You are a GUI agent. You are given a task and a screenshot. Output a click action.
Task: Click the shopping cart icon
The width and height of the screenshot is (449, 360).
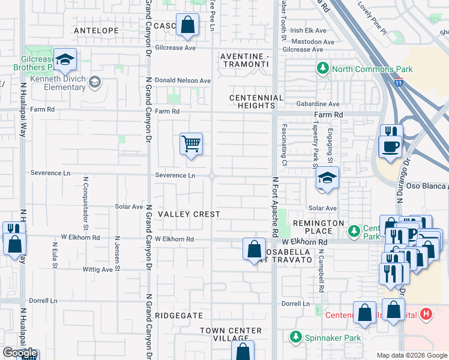pos(191,143)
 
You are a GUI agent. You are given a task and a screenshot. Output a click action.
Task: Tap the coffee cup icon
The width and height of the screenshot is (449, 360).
pos(390,146)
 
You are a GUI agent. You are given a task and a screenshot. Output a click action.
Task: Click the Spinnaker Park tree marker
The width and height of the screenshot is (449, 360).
pos(295,338)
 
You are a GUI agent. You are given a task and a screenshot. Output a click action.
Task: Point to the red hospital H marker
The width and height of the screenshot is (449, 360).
pos(426,314)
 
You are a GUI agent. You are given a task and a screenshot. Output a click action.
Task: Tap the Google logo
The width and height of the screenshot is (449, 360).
pos(20,352)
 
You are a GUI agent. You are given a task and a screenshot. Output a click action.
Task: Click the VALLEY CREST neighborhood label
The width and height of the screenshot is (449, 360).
pos(188,214)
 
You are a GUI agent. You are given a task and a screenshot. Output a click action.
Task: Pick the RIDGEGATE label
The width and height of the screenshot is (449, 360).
pos(179,314)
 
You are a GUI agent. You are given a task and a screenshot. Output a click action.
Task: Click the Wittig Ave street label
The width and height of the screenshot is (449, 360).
pos(98,269)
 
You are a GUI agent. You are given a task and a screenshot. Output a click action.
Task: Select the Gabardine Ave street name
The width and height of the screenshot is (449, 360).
pos(318,104)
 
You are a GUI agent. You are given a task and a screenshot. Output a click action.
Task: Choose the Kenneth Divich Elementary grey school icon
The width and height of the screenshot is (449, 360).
pos(94,81)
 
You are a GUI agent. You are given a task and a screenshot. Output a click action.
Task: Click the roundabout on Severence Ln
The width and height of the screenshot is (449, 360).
pos(212,176)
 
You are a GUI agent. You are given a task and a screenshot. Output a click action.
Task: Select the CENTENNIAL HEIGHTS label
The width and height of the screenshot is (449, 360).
pos(256,102)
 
